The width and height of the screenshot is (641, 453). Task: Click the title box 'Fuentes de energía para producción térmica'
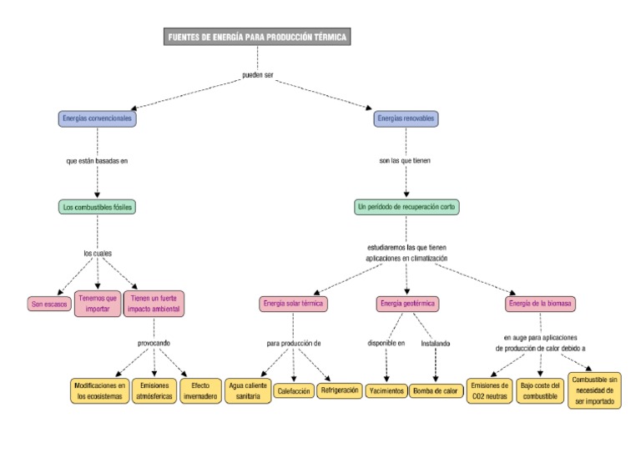pyautogui.click(x=257, y=37)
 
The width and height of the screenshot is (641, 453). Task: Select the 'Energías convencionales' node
pyautogui.click(x=98, y=118)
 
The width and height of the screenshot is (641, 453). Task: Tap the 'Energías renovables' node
pyautogui.click(x=406, y=118)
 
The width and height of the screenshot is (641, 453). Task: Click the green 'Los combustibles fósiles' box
pyautogui.click(x=97, y=206)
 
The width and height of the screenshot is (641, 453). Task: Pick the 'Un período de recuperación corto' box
pyautogui.click(x=406, y=206)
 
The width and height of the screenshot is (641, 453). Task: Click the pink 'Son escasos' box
pyautogui.click(x=49, y=305)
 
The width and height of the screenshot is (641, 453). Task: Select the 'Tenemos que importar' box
pyautogui.click(x=98, y=304)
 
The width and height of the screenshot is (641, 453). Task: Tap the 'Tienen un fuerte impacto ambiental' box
pyautogui.click(x=154, y=304)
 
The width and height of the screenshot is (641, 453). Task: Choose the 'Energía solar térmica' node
pyautogui.click(x=292, y=304)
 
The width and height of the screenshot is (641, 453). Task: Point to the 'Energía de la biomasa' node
pyautogui.click(x=540, y=304)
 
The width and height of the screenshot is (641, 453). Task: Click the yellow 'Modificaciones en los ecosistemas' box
pyautogui.click(x=99, y=391)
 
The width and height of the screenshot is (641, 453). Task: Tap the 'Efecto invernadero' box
pyautogui.click(x=200, y=391)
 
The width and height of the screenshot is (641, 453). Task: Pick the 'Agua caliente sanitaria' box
pyautogui.click(x=248, y=391)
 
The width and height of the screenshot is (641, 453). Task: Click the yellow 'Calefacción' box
pyautogui.click(x=294, y=390)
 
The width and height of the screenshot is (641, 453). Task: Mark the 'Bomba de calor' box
pyautogui.click(x=436, y=390)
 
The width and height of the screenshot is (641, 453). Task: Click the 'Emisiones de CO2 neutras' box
pyautogui.click(x=489, y=391)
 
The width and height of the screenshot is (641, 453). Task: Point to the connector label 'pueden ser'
pyautogui.click(x=258, y=76)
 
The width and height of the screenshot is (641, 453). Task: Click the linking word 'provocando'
pyautogui.click(x=154, y=343)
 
